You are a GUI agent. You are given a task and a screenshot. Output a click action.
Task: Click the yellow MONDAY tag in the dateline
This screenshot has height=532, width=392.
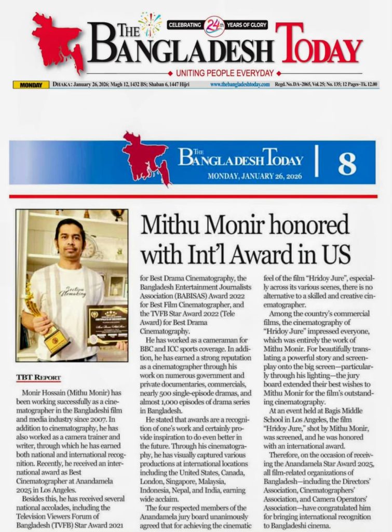point(31,85)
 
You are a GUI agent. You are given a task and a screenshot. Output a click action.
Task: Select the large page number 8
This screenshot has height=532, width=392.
point(347,164)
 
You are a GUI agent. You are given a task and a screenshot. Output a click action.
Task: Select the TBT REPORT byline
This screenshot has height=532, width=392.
point(38,378)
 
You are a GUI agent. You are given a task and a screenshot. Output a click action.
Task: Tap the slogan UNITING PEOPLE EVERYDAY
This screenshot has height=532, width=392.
point(225,73)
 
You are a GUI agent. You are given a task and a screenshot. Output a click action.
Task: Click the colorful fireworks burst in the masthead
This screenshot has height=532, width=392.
point(150,23)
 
